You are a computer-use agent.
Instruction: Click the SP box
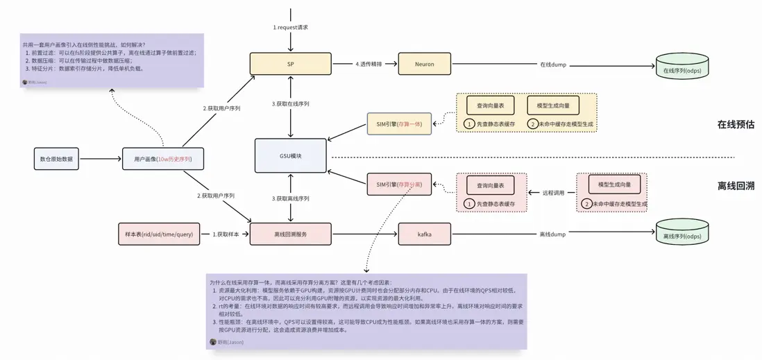click(290, 64)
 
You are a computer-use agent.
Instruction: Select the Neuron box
click(424, 64)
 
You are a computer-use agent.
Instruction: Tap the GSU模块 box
click(290, 156)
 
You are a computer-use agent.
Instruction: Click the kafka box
click(424, 234)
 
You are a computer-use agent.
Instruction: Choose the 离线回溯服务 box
click(290, 234)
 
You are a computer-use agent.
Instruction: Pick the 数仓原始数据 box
click(56, 159)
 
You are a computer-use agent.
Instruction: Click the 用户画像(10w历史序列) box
click(163, 159)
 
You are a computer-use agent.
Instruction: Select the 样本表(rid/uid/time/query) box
click(159, 234)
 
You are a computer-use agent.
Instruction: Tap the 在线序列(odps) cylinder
click(682, 67)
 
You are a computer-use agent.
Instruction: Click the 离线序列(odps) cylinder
click(682, 234)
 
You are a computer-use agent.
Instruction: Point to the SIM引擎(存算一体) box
click(399, 124)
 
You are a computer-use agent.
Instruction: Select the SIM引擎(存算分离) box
click(399, 185)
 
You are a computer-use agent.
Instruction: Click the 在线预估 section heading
click(735, 125)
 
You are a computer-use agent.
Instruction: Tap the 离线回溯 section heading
click(735, 186)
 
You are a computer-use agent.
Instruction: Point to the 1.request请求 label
click(290, 27)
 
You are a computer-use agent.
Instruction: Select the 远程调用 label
click(552, 192)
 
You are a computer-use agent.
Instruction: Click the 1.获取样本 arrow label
click(226, 234)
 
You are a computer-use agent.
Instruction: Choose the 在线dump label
click(552, 65)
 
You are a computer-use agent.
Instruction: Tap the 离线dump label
click(552, 234)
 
